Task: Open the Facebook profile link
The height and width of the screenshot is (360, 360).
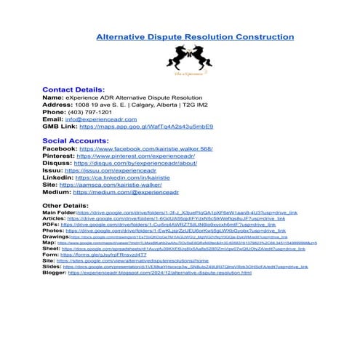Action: (145, 148)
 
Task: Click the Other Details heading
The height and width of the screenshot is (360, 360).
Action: (68, 206)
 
